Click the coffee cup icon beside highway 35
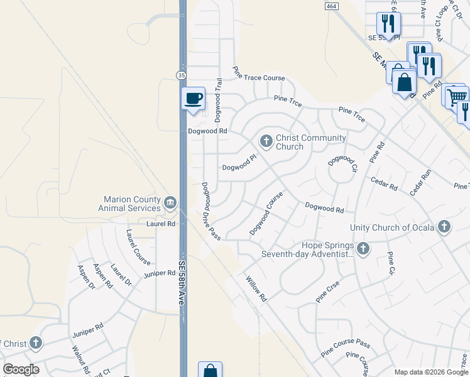click(x=194, y=99)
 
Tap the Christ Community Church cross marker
click(x=266, y=141)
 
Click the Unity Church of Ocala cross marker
click(x=444, y=226)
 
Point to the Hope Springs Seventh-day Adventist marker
click(x=363, y=248)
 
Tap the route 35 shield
click(x=181, y=75)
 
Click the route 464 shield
click(x=331, y=5)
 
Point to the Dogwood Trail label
click(x=219, y=100)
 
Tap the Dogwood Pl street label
click(x=240, y=165)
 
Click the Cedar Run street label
click(x=421, y=183)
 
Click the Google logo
click(x=21, y=369)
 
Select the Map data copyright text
click(x=431, y=372)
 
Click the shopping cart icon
click(x=457, y=96)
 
